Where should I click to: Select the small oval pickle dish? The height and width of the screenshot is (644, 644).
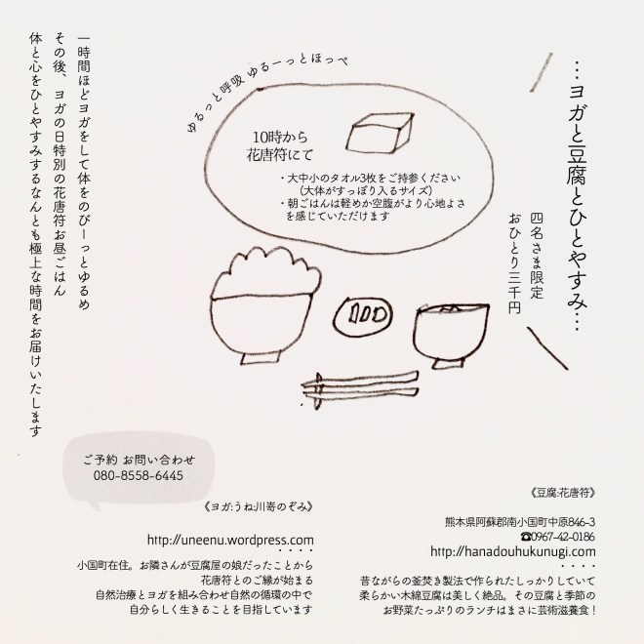363,315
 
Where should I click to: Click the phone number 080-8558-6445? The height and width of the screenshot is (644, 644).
139,475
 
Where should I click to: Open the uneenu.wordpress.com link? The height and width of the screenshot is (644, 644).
230,541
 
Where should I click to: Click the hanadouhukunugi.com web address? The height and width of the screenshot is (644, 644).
513,551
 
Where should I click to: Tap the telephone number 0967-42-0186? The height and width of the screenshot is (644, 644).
557,537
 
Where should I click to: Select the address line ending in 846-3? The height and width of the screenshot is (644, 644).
520,522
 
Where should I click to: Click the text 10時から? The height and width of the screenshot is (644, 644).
280,137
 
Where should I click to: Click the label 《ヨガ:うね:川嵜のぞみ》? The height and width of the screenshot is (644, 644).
259,506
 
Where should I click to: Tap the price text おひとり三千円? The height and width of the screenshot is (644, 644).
514,263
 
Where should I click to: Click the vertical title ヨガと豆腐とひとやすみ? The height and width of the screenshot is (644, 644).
578,198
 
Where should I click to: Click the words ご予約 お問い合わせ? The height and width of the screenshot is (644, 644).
139,460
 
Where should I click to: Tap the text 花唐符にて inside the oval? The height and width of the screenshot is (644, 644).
280,155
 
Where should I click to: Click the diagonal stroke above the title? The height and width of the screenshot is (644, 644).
541,72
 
